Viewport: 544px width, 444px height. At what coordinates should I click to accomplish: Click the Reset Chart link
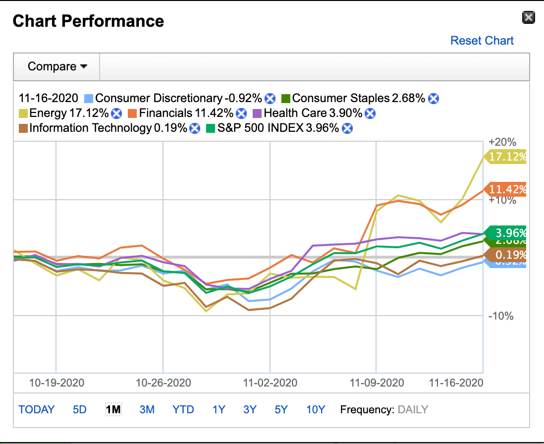(482, 41)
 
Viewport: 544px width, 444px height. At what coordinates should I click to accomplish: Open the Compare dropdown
(57, 66)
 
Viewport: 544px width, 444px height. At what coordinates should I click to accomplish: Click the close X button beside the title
(529, 18)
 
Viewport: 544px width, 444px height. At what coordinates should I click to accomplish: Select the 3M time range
(147, 410)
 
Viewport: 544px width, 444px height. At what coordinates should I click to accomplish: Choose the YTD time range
(183, 410)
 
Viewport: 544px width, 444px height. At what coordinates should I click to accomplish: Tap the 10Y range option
(315, 410)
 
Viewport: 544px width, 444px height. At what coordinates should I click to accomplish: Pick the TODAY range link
(37, 410)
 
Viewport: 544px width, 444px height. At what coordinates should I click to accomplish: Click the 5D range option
(80, 410)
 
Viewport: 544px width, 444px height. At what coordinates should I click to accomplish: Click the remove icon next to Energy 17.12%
(116, 113)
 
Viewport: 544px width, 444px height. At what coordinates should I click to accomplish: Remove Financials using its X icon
(241, 113)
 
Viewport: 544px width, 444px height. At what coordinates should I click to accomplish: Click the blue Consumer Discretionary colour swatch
(89, 98)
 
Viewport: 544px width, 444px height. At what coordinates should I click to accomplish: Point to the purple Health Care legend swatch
(257, 113)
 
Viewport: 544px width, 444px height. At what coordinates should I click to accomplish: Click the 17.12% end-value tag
(507, 157)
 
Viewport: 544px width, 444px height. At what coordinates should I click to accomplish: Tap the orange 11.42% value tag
(507, 189)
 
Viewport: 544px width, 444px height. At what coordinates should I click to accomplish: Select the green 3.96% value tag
(507, 232)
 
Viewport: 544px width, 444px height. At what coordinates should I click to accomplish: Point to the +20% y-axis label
(502, 142)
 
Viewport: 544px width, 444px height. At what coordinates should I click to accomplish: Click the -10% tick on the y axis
(501, 316)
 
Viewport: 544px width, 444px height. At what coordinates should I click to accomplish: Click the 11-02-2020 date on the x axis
(270, 383)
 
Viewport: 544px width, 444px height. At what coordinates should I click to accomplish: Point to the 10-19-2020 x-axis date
(56, 383)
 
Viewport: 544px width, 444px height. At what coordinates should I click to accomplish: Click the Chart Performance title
(88, 21)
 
